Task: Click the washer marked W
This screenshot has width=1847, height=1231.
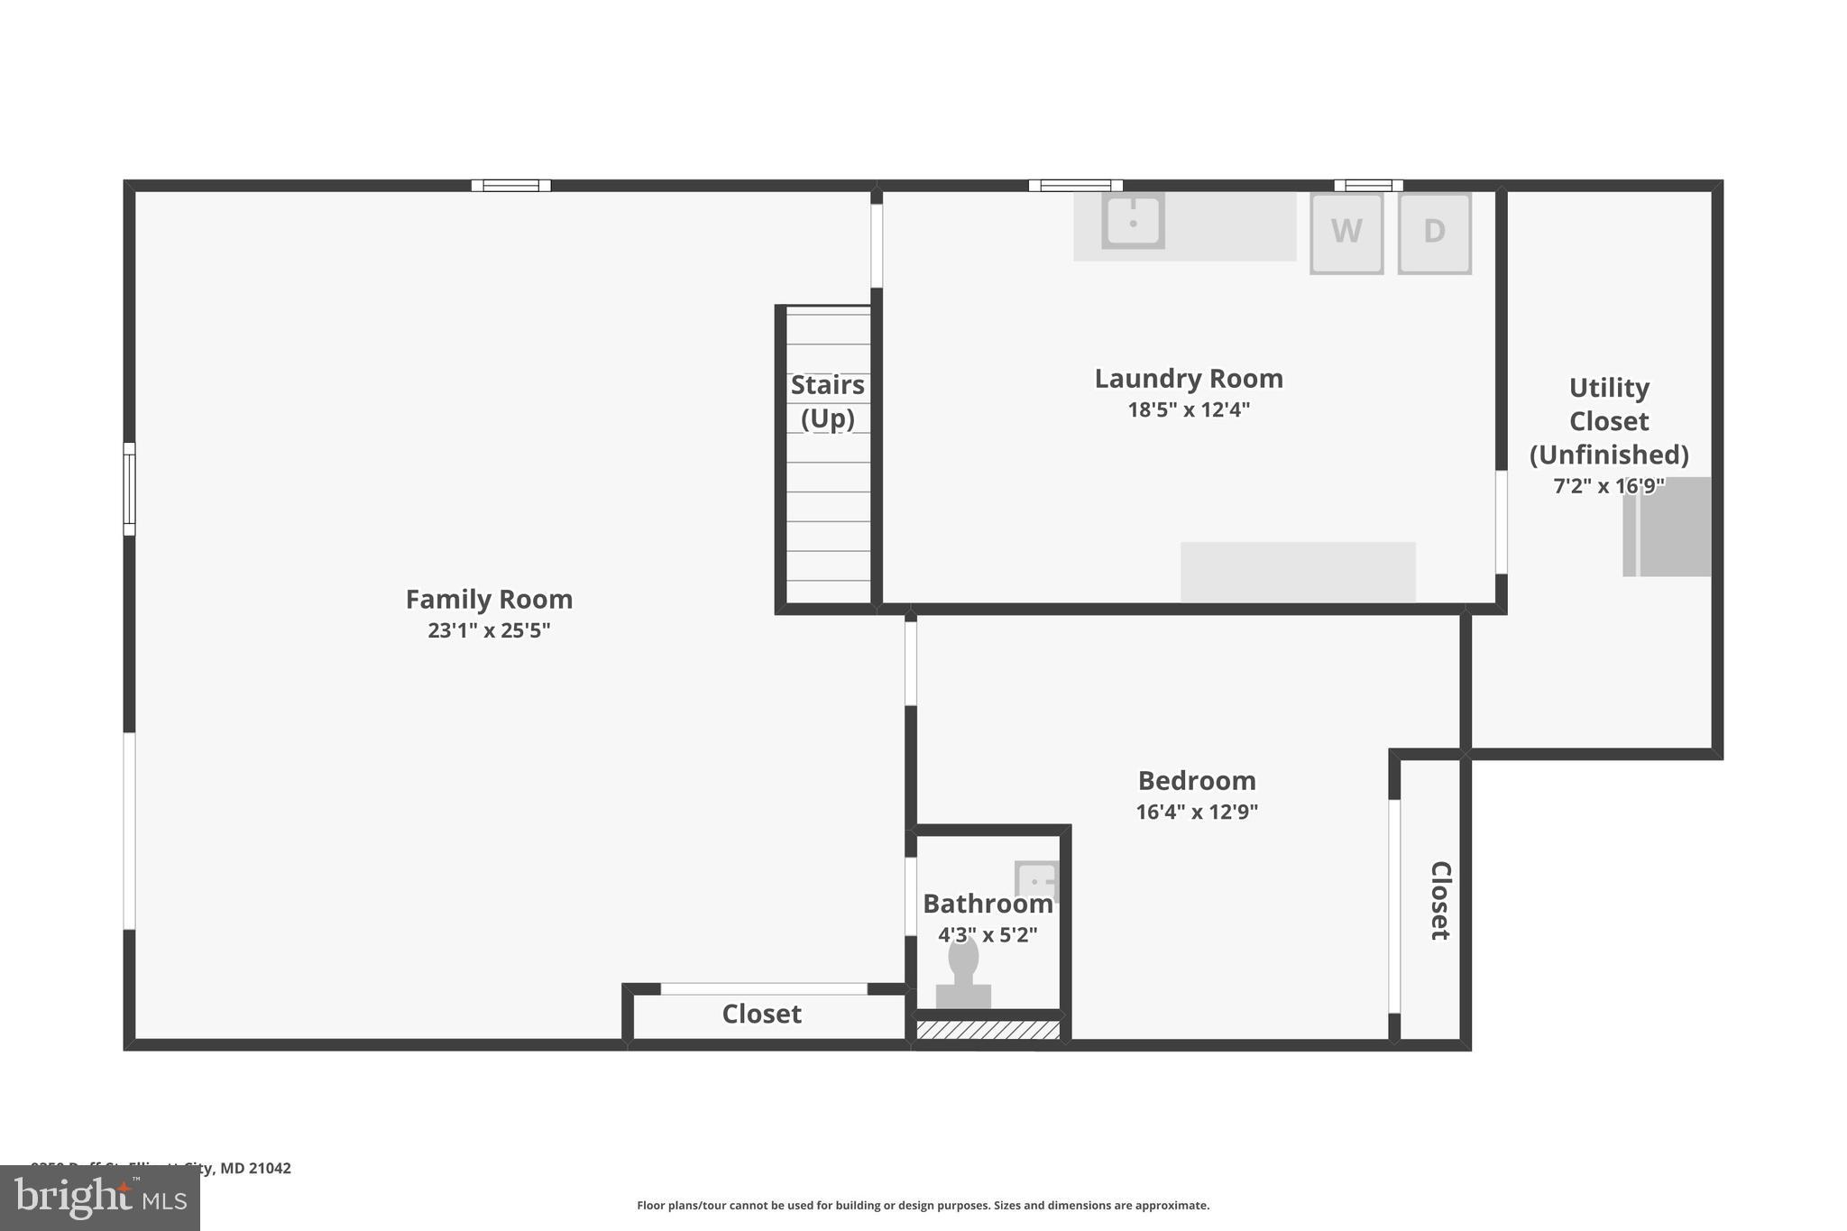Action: pyautogui.click(x=1346, y=233)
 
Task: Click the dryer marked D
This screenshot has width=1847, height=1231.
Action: pyautogui.click(x=1434, y=233)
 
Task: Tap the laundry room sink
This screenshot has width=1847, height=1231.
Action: pyautogui.click(x=1133, y=220)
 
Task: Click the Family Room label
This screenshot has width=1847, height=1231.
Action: pyautogui.click(x=489, y=599)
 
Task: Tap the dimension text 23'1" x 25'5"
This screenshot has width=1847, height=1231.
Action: pyautogui.click(x=489, y=630)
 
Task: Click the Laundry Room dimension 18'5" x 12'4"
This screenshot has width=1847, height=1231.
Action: pyautogui.click(x=1189, y=410)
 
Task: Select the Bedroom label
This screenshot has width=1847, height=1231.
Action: pyautogui.click(x=1197, y=780)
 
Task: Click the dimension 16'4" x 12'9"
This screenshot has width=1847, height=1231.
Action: pyautogui.click(x=1197, y=812)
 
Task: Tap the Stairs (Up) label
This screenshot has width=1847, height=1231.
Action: pyautogui.click(x=827, y=401)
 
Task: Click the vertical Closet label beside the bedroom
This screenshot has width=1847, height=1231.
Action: pyautogui.click(x=1440, y=900)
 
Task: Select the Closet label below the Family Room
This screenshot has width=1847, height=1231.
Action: pyautogui.click(x=761, y=1015)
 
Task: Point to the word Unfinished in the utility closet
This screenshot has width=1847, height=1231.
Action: pyautogui.click(x=1609, y=455)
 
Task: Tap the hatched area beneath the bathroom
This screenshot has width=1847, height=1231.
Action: pyautogui.click(x=988, y=1030)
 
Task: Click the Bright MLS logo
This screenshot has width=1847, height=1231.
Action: pyautogui.click(x=99, y=1199)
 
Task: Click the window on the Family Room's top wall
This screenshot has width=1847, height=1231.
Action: pyautogui.click(x=510, y=186)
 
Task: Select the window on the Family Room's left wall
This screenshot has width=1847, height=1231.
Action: pyautogui.click(x=129, y=489)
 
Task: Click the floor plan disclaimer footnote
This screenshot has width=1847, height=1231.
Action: pyautogui.click(x=923, y=1205)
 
